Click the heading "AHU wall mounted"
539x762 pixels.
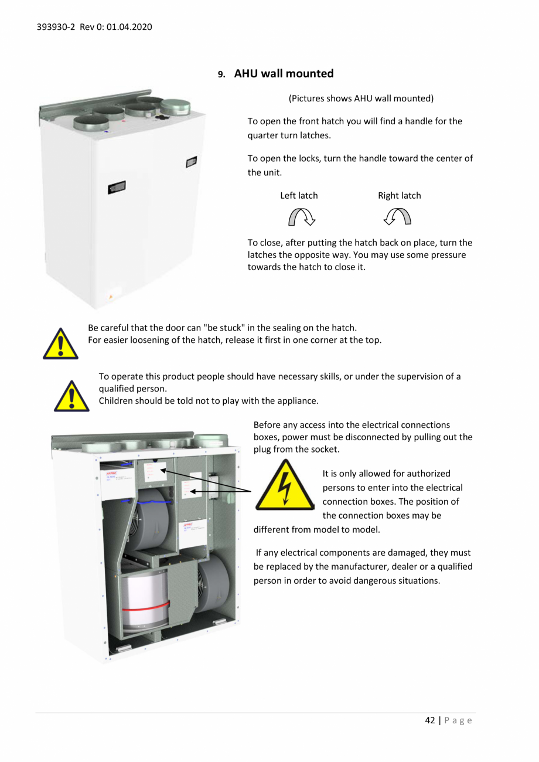click(x=284, y=73)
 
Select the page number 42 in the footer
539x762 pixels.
click(x=430, y=720)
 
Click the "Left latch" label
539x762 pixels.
click(x=299, y=195)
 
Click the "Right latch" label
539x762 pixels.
click(x=399, y=195)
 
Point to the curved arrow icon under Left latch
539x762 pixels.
click(x=302, y=217)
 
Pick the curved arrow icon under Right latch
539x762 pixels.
click(x=397, y=217)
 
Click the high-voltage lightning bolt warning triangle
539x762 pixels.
click(x=285, y=487)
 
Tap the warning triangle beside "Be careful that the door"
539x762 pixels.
click(x=60, y=343)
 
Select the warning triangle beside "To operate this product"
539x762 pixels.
click(x=71, y=395)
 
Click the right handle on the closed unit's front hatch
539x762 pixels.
click(x=191, y=161)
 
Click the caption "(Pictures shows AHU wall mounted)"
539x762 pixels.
click(x=361, y=98)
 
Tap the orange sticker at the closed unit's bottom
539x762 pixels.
click(x=109, y=297)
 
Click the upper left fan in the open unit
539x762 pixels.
click(x=146, y=519)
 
